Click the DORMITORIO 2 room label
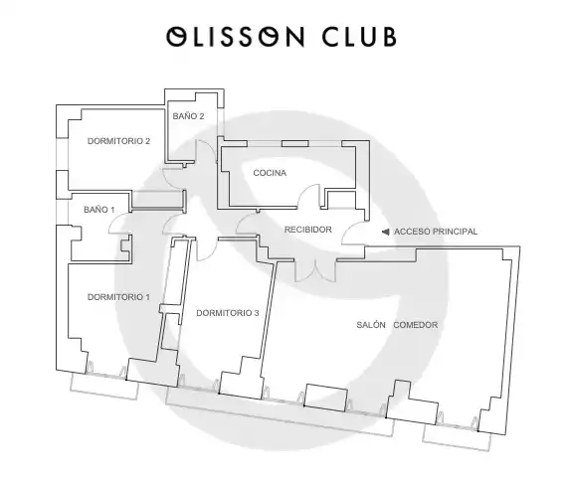tap(118, 141)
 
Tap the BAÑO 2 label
tap(188, 116)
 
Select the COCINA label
tap(270, 173)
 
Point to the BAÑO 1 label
tap(99, 210)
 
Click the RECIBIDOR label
tap(307, 230)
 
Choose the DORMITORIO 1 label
tap(118, 297)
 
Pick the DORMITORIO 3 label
tap(228, 313)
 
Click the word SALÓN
tap(371, 325)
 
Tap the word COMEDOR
tap(416, 325)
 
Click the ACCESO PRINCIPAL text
tap(436, 232)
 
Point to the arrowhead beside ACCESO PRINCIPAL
tap(386, 232)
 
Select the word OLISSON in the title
tap(235, 37)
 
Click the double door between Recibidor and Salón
tap(315, 271)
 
